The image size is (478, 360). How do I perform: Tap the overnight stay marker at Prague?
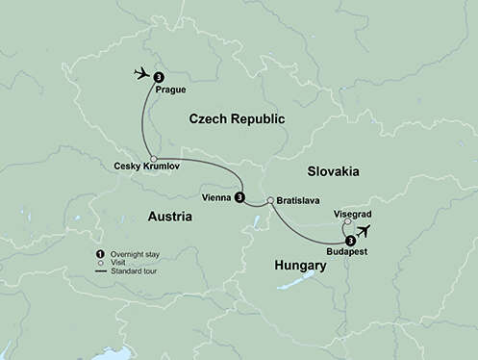158,76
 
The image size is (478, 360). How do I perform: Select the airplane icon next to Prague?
141,73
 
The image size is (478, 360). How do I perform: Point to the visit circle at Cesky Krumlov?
153,159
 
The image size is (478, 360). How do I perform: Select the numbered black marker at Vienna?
239,197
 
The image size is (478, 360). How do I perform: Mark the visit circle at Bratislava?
270,190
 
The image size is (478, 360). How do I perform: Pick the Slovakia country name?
332,170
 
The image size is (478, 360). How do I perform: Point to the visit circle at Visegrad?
346,221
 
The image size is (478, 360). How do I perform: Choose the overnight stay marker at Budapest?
350,239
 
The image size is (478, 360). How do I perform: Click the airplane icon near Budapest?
365,231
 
